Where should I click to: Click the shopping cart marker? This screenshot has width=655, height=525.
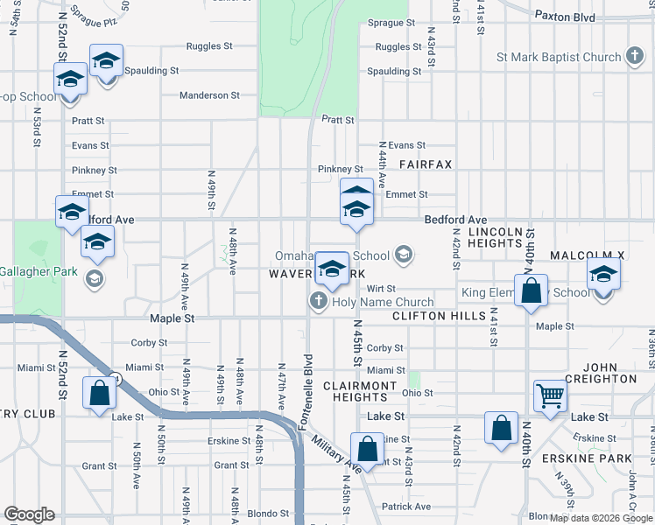pos(551,395)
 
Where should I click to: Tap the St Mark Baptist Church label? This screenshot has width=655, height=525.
pos(559,58)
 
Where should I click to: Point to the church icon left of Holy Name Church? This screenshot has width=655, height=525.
pos(318,303)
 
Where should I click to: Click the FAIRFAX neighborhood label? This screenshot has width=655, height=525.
pos(426,164)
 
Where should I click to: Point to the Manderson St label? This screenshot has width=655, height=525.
pos(209,95)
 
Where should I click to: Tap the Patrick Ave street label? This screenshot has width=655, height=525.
pos(405,507)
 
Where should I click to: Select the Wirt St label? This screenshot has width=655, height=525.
pos(381,288)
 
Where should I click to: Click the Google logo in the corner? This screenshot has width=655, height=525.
pos(29,514)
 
